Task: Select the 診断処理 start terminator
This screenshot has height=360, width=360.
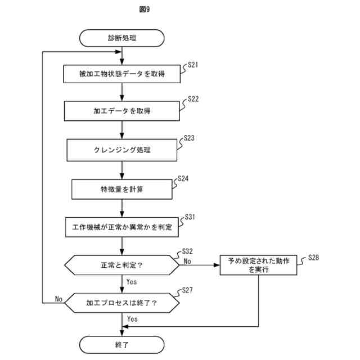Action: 122,38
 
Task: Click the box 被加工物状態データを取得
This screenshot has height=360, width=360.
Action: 122,74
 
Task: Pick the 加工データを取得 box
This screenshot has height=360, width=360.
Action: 122,111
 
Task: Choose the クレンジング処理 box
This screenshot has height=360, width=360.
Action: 122,150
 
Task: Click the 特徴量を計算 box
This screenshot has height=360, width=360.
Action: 122,189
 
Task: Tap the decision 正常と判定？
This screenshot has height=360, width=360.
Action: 122,264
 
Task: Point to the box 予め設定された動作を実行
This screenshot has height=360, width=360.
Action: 258,265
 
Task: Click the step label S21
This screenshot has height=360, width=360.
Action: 193,65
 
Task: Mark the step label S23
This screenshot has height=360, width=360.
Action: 189,138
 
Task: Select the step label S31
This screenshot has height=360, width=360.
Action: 191,217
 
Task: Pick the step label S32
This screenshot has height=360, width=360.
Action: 188,251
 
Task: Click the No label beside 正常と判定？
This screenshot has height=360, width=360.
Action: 187,261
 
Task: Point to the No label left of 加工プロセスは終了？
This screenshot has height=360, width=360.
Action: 58,299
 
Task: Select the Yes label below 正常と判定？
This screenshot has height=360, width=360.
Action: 132,281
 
